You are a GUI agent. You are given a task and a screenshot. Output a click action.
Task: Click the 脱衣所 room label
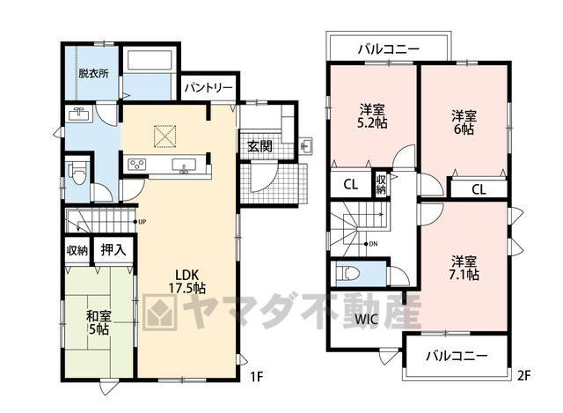click(x=94, y=74)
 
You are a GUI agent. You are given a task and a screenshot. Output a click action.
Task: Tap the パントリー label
click(x=209, y=88)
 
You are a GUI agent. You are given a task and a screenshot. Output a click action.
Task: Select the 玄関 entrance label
click(x=260, y=146)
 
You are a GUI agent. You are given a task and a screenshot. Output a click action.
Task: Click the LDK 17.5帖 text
click(x=187, y=281)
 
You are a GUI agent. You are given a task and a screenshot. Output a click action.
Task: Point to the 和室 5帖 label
click(x=99, y=323)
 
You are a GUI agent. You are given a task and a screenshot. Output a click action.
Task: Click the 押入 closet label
click(x=113, y=250)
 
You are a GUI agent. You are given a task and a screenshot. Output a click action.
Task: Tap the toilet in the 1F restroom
click(x=78, y=173)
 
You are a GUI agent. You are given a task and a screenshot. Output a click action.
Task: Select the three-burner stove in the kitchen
click(x=137, y=165)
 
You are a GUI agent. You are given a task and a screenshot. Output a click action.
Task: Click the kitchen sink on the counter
click(x=184, y=166)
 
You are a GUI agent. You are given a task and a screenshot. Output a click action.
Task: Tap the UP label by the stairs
click(x=143, y=222)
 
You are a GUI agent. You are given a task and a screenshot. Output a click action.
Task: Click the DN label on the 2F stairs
click(x=373, y=244)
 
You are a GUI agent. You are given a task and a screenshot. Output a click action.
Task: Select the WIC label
click(x=366, y=319)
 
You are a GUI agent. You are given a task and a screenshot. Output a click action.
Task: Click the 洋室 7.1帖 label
click(x=464, y=268)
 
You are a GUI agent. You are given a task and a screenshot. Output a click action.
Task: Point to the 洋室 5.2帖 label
click(x=372, y=116)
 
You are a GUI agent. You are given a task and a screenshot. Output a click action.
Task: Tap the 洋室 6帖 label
click(x=464, y=122)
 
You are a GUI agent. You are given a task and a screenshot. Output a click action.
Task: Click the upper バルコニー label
click(x=389, y=49)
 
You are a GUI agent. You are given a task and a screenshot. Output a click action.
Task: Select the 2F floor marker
click(x=524, y=376)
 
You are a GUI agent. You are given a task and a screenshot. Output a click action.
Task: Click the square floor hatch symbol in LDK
click(x=165, y=136)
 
